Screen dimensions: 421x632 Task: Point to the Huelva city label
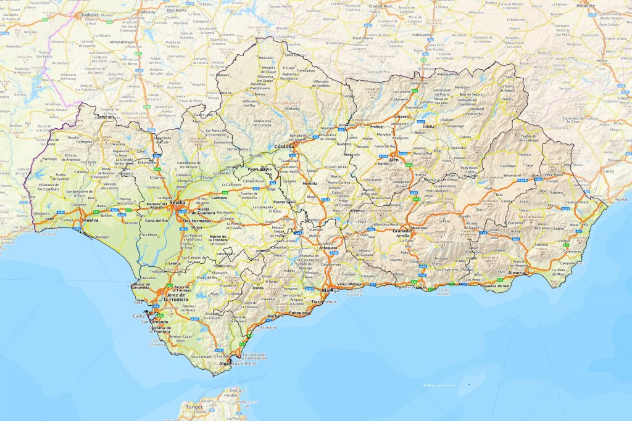pos(90,219)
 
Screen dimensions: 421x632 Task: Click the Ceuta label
pos(235,390)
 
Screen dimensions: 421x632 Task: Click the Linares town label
pos(401,116)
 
